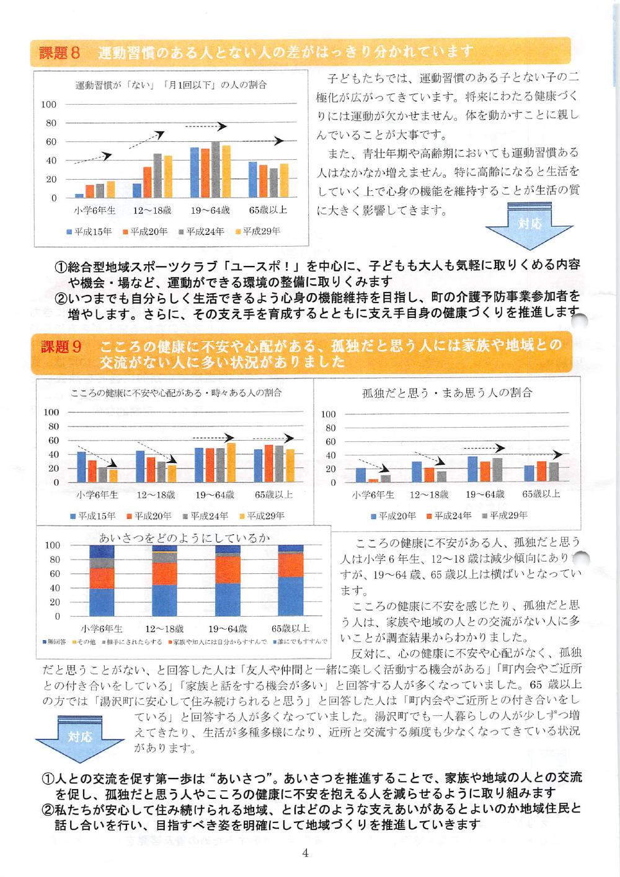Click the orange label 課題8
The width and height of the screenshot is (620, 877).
(x=60, y=53)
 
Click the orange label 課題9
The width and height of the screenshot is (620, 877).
(x=61, y=346)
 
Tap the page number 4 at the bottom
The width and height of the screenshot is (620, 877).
(x=305, y=853)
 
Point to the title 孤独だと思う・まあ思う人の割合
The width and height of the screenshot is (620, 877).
(x=447, y=393)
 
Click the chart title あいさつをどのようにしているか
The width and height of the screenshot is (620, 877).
(x=185, y=537)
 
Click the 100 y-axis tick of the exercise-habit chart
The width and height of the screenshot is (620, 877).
(x=49, y=104)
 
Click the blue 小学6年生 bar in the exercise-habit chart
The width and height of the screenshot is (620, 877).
(x=79, y=195)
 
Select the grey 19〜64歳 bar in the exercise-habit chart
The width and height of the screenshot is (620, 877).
(x=215, y=170)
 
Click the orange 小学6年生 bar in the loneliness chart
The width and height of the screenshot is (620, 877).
(x=373, y=480)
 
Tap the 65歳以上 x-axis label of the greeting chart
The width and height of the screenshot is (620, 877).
(x=290, y=628)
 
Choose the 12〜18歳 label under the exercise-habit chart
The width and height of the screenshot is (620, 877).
(x=153, y=211)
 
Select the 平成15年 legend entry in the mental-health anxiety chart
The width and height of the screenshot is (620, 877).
(x=92, y=516)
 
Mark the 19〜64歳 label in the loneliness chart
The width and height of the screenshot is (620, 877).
(x=485, y=495)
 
